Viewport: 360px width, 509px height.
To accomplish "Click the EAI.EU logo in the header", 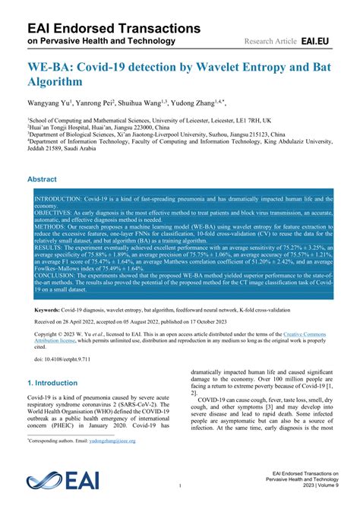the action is tap(316, 40).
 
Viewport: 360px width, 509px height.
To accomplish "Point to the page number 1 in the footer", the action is tap(180, 485).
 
